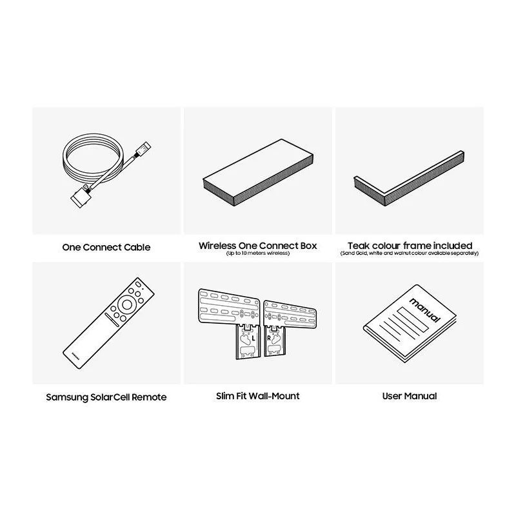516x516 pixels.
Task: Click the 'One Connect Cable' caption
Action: click(106, 247)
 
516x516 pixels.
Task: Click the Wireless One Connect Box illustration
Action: click(258, 172)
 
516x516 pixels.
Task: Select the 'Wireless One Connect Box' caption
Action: click(257, 246)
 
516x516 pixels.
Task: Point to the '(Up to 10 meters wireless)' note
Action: click(257, 253)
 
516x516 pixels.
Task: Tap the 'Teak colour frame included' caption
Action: click(410, 246)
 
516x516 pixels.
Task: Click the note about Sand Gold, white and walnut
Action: click(410, 253)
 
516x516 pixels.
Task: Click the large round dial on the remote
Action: click(127, 304)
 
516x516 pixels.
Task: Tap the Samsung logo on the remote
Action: click(75, 357)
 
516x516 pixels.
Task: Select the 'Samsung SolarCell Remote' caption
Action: click(106, 397)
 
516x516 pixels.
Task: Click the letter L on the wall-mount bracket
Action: click(253, 338)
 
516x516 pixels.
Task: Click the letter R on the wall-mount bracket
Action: click(269, 338)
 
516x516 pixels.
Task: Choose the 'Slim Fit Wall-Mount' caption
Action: click(257, 396)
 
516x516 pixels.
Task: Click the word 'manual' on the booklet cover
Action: click(425, 310)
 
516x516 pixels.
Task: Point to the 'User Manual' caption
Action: click(410, 396)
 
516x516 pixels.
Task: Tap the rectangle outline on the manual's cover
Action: click(413, 319)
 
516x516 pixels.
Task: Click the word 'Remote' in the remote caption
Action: click(149, 397)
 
